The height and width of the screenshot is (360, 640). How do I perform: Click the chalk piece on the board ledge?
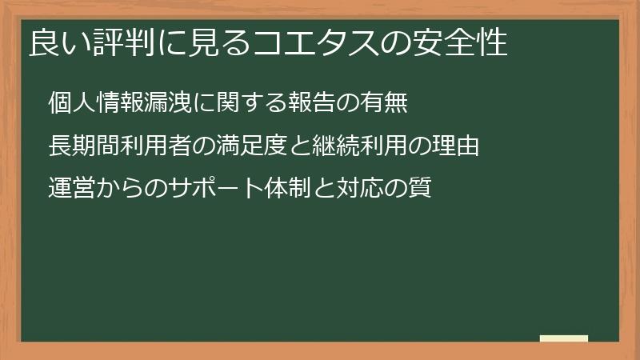coord(563,339)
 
